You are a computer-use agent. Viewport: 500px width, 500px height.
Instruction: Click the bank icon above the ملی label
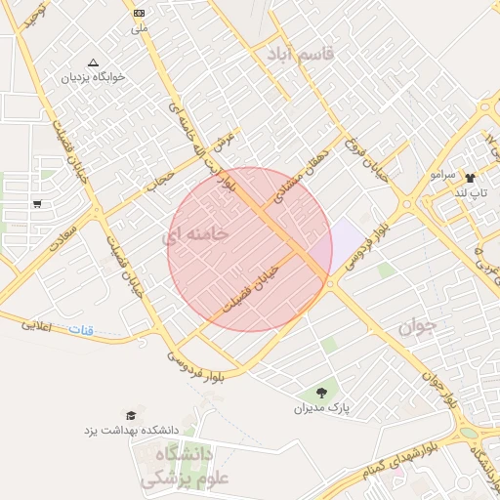[139, 13]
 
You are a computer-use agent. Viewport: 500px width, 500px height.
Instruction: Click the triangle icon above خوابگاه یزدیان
[93, 62]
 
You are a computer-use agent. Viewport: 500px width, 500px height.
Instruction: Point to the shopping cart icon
[37, 204]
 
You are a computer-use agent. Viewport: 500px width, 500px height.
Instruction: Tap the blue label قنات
[80, 331]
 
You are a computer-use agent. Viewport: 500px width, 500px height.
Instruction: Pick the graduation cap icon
[131, 415]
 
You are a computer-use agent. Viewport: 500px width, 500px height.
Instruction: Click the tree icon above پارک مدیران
[321, 393]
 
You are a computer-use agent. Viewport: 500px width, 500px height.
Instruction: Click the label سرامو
[442, 174]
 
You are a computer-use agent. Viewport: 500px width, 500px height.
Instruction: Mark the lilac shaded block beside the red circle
[345, 240]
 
